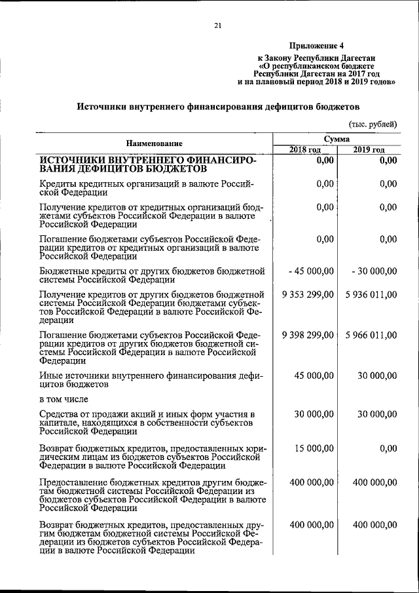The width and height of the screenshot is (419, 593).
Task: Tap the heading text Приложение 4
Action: click(317, 46)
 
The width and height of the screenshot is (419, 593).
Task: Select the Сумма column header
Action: click(337, 139)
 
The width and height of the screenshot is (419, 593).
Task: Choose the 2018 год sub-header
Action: click(304, 150)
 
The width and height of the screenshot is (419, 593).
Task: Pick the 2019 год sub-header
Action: click(369, 150)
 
